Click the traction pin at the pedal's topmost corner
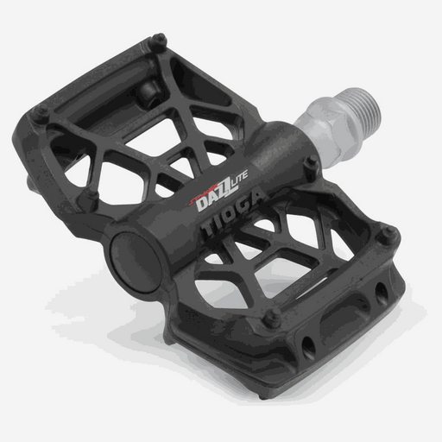pos(159,39)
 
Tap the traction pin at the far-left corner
pos(40,110)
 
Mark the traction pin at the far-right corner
pos(388,230)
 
